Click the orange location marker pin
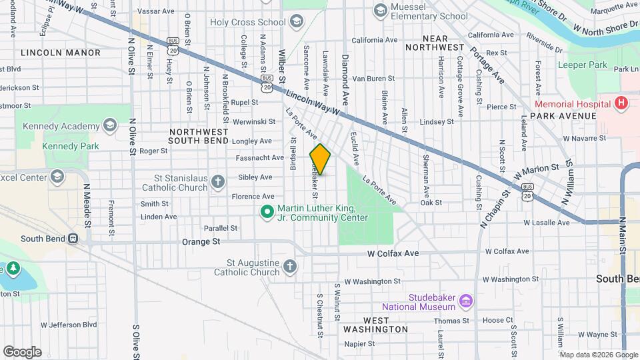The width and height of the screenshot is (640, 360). tap(320, 159)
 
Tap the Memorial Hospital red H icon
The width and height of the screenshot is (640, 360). tap(621, 103)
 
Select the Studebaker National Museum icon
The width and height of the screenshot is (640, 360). tap(466, 301)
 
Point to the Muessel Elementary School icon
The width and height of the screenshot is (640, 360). tap(381, 10)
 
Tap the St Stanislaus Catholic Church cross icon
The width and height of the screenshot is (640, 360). tap(218, 182)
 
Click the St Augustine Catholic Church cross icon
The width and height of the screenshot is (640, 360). tap(289, 267)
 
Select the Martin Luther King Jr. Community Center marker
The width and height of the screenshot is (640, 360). tap(267, 212)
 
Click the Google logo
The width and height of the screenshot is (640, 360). tap(22, 351)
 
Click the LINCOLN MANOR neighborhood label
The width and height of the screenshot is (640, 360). tap(61, 52)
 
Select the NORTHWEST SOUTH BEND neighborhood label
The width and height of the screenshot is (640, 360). tap(199, 136)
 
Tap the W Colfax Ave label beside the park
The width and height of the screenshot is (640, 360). tap(393, 253)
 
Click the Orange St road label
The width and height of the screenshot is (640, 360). tap(201, 241)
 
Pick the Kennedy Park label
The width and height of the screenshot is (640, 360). tap(70, 146)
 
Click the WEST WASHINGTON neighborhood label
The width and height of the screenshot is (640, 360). tap(375, 325)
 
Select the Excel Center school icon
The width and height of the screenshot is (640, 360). tap(57, 177)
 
